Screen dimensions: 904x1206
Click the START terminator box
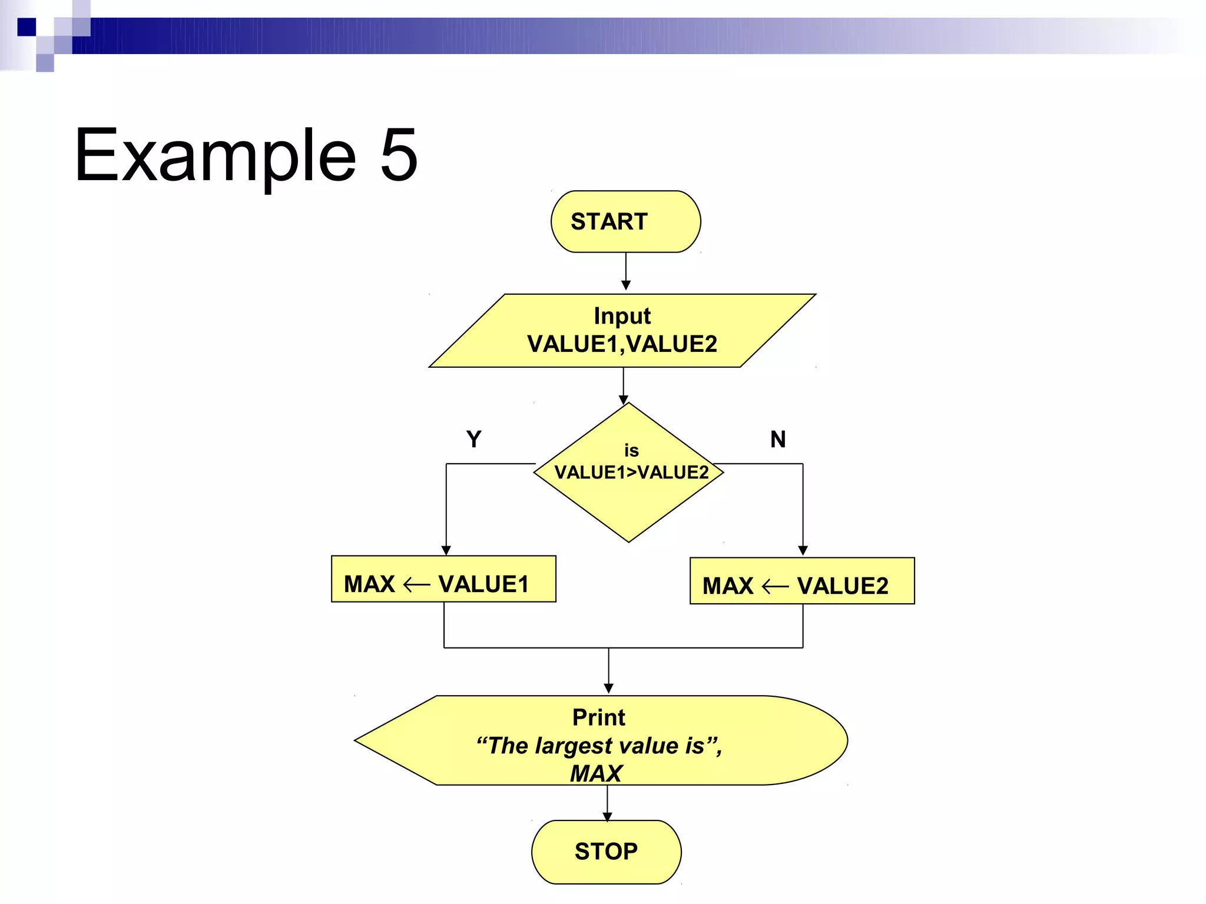625,221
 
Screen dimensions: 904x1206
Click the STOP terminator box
606,851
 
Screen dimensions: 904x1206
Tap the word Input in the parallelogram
622,316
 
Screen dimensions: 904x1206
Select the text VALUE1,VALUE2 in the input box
622,344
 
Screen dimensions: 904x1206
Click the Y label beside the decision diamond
473,439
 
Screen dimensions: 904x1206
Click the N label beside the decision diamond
778,439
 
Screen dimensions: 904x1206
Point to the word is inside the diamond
631,451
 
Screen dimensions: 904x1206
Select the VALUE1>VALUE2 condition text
631,473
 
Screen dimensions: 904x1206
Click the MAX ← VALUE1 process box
443,579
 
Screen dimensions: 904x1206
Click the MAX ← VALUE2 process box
802,581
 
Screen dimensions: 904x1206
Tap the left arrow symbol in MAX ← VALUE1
417,584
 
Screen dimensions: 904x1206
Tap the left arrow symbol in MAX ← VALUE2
775,586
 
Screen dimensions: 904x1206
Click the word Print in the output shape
599,717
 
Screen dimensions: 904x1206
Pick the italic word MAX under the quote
596,773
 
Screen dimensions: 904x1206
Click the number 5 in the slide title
399,155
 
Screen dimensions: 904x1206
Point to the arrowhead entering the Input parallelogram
626,286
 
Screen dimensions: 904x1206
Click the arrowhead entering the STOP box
607,817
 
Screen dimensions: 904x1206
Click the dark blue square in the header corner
26,27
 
